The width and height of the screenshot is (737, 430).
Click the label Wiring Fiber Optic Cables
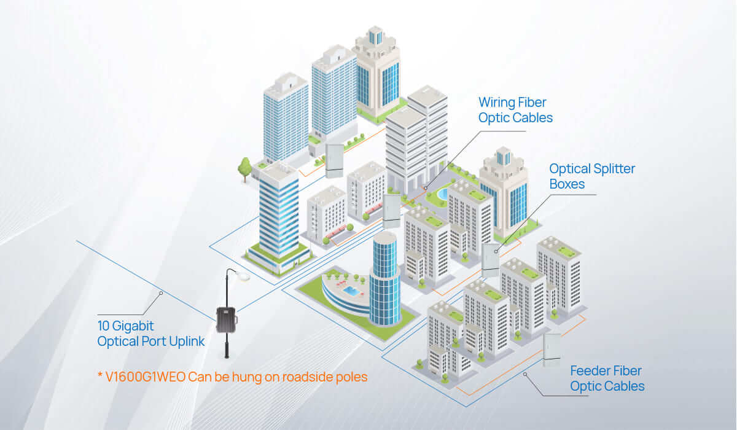515,110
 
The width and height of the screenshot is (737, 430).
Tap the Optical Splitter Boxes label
591,176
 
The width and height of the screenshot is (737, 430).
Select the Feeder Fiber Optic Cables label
607,378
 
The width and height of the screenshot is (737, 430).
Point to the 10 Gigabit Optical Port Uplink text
151,333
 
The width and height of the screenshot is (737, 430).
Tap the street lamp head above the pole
244,277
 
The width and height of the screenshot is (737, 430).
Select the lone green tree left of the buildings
245,165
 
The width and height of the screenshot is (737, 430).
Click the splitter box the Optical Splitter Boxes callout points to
490,260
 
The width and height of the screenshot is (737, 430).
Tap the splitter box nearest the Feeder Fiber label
552,350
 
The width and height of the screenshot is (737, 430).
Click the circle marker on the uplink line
161,294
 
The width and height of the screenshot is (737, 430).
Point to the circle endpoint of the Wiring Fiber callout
424,187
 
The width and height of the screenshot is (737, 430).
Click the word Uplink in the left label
184,341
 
